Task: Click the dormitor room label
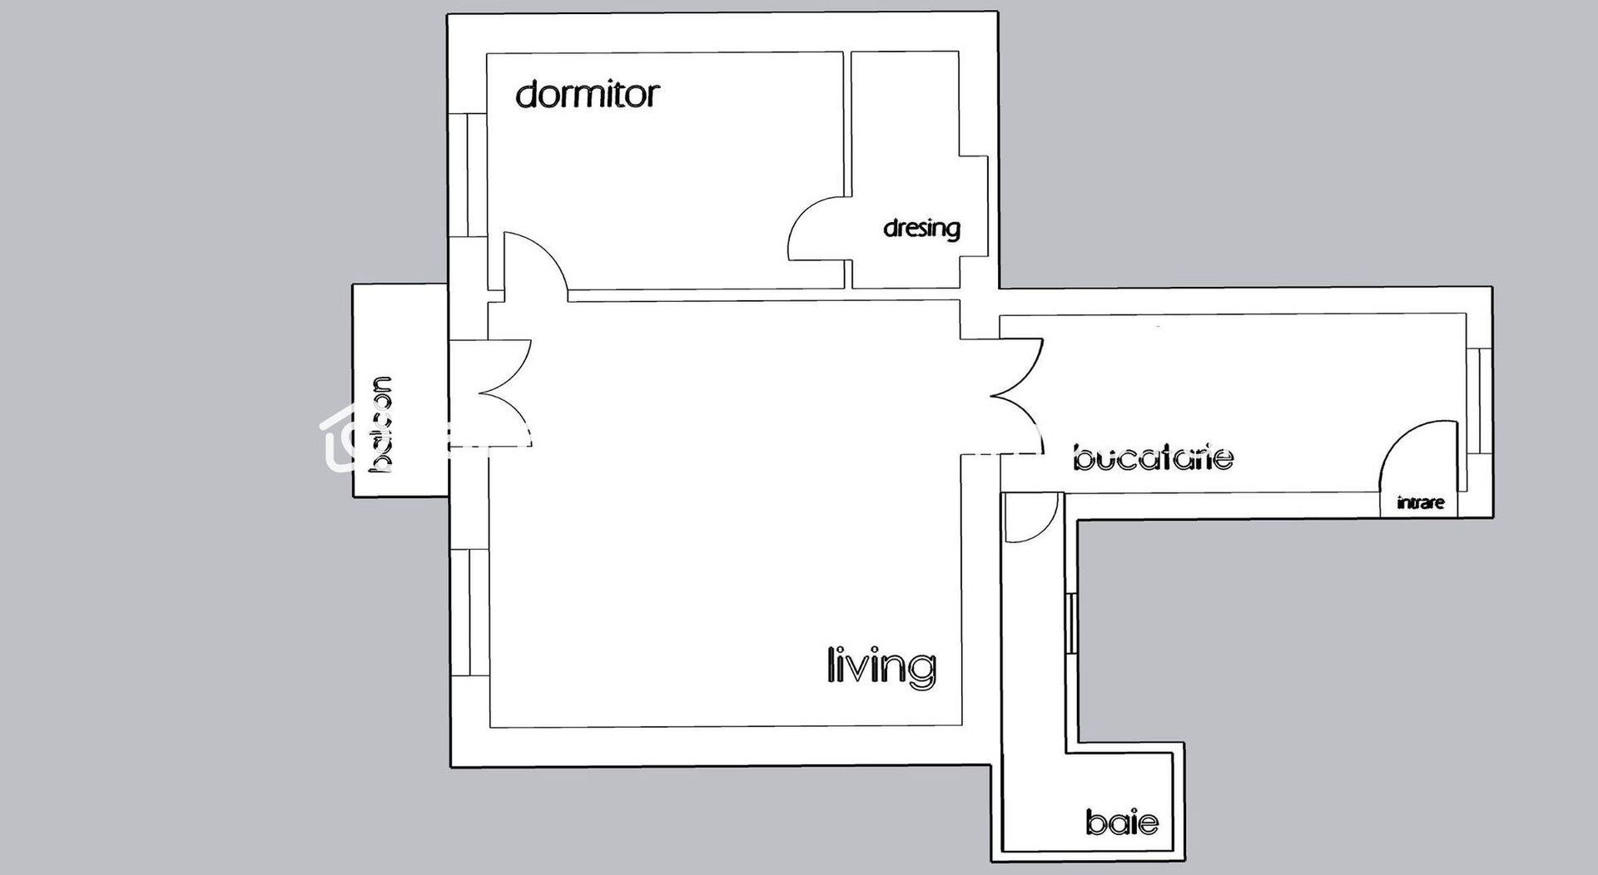coord(587,94)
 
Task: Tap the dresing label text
coord(921,228)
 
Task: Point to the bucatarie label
coord(1153,457)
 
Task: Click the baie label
coord(1122,822)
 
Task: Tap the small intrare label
coord(1421,502)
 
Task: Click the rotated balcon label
coord(382,424)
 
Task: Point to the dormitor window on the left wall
coord(468,175)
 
